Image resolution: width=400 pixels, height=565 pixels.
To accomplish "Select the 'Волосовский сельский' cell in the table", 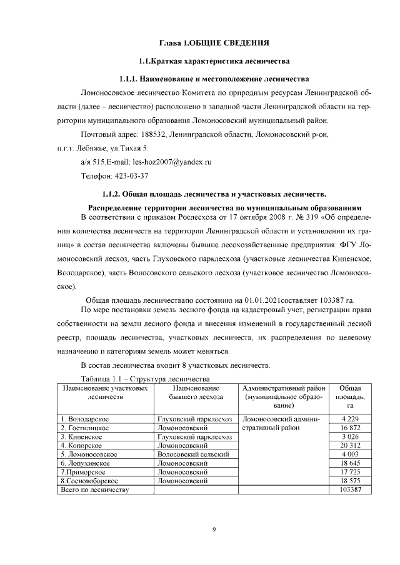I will [194, 454].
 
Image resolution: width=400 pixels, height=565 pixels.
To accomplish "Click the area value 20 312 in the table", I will [351, 445].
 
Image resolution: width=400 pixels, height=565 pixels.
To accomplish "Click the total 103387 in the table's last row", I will [351, 491].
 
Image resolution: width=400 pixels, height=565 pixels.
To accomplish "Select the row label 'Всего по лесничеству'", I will [94, 491].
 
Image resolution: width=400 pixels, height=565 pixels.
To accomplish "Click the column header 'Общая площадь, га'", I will [351, 396].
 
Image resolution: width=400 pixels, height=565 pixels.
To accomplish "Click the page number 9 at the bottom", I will [214, 529].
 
